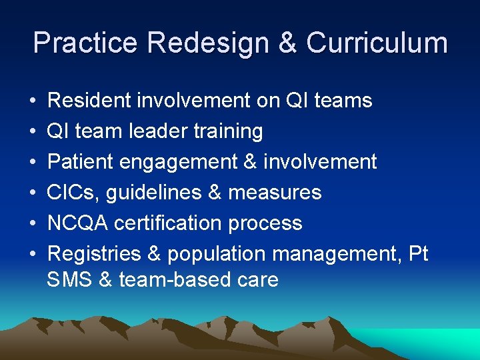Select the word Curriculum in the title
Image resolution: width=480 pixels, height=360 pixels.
(x=377, y=43)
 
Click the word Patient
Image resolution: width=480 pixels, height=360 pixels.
(x=81, y=162)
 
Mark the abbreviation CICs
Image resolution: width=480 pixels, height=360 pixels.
(x=70, y=193)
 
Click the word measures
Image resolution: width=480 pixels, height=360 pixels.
(x=275, y=193)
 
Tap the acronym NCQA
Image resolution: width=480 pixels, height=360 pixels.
(x=77, y=223)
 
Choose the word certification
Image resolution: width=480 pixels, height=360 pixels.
(x=169, y=223)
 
